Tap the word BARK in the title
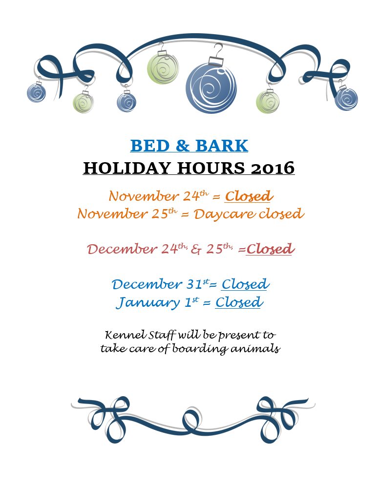222,146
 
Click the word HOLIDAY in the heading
127,168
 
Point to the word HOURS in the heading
211,168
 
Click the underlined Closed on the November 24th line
249,196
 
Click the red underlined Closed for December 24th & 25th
270,249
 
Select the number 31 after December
194,284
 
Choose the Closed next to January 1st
239,302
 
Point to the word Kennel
125,335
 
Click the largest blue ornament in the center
211,88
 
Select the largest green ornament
163,69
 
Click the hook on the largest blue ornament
218,49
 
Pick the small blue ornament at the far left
36,93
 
